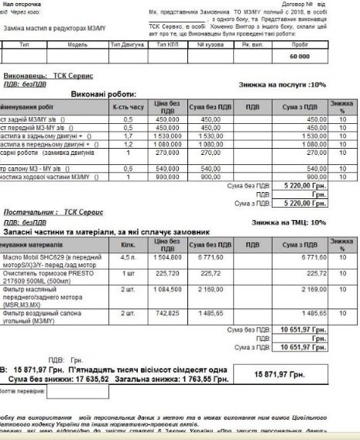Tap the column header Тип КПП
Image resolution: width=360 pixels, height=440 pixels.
[x=168, y=46]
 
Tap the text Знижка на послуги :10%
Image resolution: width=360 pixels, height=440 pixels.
[x=293, y=84]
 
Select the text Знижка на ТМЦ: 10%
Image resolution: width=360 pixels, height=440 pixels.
[x=297, y=222]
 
